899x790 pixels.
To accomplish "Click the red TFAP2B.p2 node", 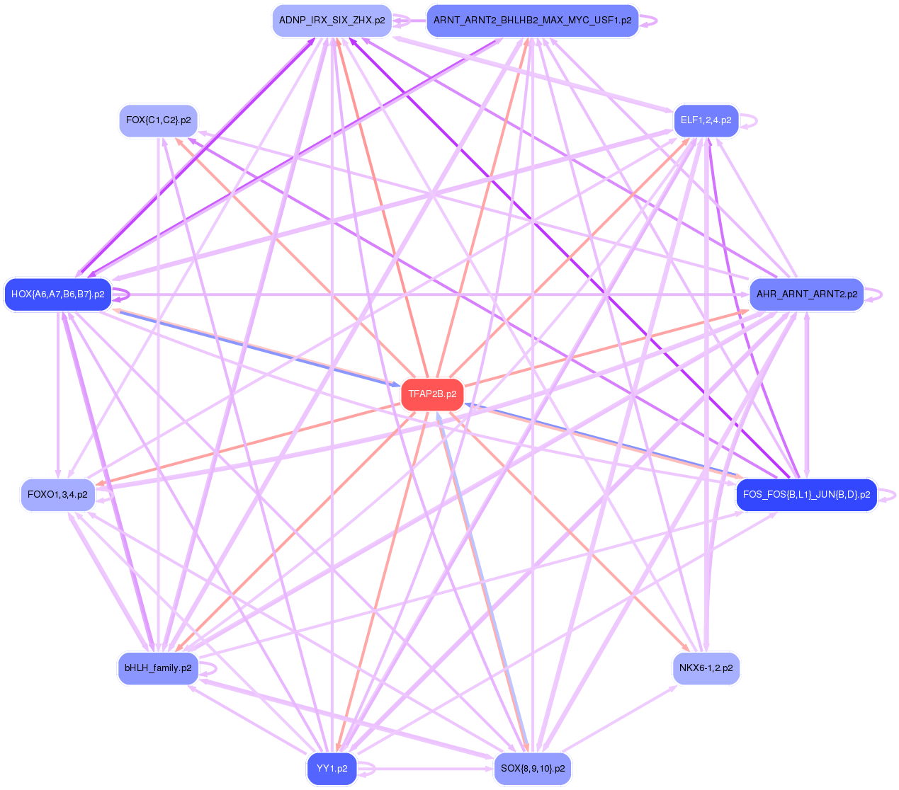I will [432, 394].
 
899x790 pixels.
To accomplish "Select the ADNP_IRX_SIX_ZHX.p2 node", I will [332, 21].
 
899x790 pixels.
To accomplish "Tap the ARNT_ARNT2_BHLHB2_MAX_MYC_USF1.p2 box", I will [532, 21].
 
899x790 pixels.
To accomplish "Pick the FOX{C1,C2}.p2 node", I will [158, 120].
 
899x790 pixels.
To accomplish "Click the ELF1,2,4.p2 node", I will [706, 120].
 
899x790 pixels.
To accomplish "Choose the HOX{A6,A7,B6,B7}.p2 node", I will [58, 294].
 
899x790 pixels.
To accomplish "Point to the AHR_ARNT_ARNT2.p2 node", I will [806, 294].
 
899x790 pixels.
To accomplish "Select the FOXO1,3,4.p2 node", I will [57, 495].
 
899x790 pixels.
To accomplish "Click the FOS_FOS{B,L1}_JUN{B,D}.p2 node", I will [806, 495].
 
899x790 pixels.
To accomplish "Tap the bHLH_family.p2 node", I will [158, 668].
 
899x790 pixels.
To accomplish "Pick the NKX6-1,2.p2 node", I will [706, 668].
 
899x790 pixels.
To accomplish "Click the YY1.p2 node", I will [332, 769].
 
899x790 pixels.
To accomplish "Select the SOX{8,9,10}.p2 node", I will [532, 769].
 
